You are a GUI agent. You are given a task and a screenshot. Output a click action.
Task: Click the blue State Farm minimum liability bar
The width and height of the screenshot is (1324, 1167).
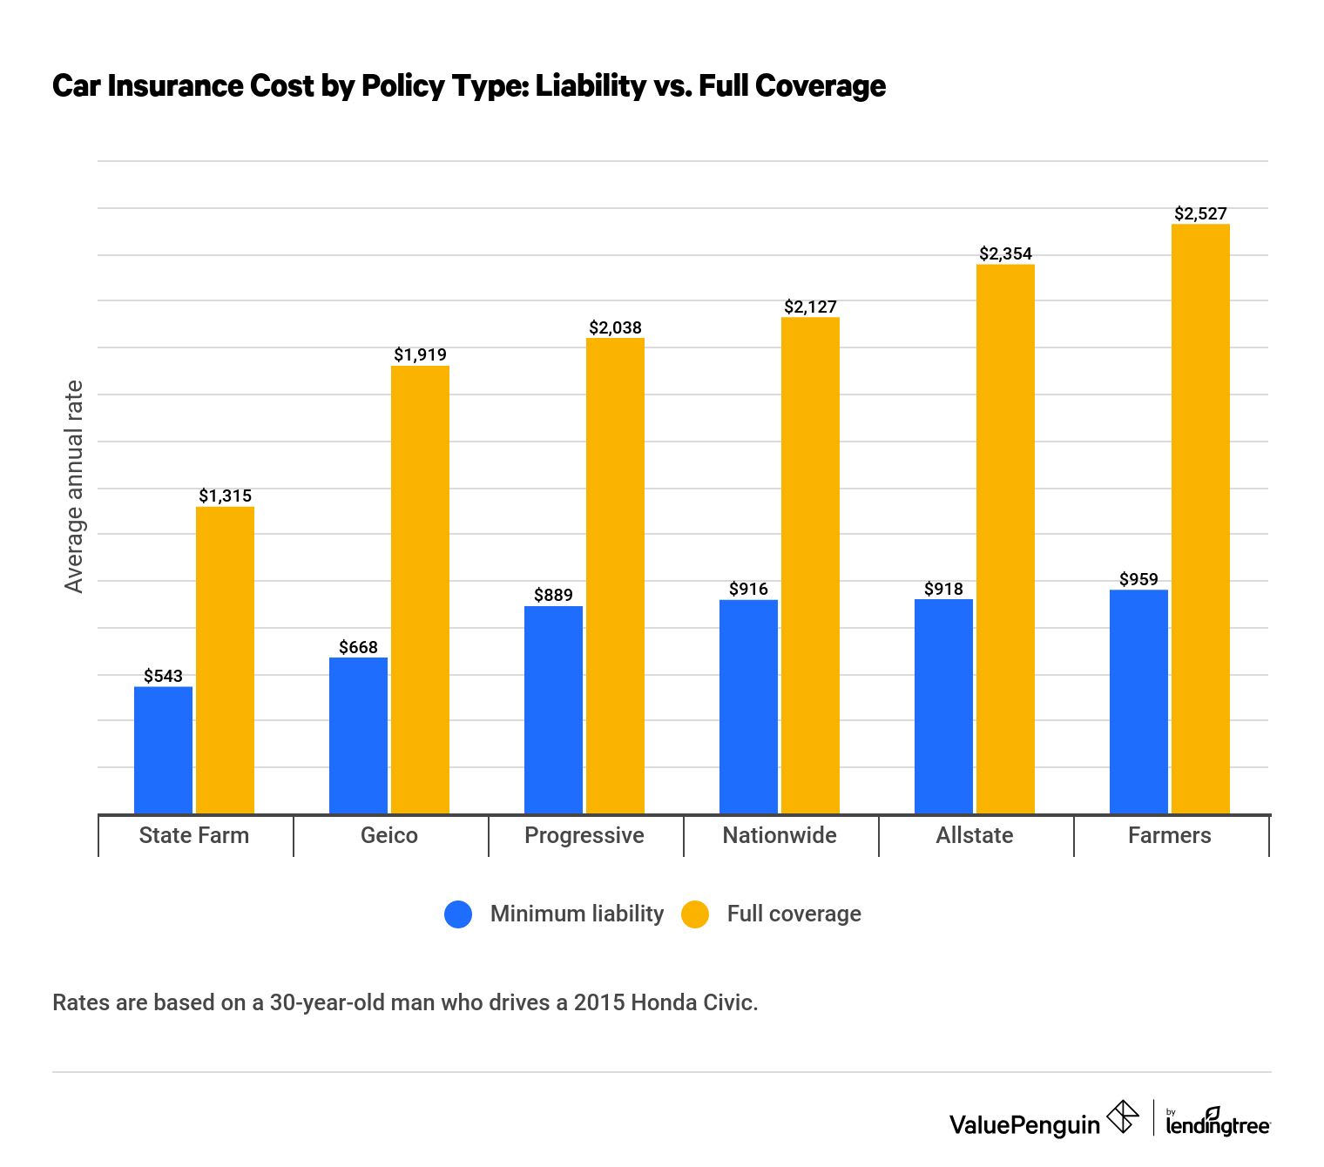tap(163, 750)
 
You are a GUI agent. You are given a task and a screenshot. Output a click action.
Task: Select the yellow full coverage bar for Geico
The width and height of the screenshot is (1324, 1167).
tap(420, 590)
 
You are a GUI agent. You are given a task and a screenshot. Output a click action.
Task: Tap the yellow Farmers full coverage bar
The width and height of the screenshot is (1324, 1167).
tap(1200, 519)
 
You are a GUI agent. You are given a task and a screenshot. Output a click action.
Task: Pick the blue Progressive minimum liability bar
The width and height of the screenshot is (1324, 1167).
tap(553, 710)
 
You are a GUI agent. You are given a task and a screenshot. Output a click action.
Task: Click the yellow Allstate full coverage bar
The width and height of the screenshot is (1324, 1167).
tap(1005, 539)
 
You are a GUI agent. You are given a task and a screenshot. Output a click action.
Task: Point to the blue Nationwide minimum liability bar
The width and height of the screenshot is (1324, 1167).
tap(748, 706)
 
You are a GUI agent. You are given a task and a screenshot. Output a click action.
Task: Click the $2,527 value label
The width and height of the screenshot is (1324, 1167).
tap(1200, 213)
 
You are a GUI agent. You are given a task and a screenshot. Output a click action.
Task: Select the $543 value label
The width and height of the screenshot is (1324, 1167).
tap(163, 676)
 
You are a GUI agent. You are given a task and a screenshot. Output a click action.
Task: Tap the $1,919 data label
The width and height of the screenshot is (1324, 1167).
tap(420, 354)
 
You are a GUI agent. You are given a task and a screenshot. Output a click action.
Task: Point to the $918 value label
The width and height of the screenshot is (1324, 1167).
tap(943, 589)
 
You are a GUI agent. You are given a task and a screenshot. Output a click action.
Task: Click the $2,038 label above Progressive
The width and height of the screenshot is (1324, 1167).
tap(615, 327)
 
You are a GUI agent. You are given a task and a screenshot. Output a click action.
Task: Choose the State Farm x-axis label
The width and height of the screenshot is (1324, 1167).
tap(194, 835)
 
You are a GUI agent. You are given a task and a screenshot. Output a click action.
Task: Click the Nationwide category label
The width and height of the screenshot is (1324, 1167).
tap(780, 835)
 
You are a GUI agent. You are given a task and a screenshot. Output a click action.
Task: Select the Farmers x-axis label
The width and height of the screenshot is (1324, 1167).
tap(1169, 835)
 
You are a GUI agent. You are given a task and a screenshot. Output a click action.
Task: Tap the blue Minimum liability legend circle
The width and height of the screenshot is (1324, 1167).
tap(458, 914)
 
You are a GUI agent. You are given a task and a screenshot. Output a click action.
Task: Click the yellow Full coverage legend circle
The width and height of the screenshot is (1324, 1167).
tap(695, 914)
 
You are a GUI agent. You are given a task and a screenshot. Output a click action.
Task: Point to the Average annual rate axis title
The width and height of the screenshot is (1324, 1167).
tap(74, 487)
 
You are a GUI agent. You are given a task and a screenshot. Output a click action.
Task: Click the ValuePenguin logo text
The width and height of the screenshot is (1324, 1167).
tap(1024, 1124)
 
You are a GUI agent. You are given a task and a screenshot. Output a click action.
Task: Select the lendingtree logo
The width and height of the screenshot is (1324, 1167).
tap(1217, 1123)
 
